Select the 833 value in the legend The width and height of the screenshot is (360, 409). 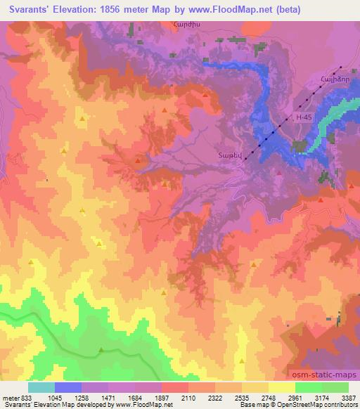[x=27, y=397]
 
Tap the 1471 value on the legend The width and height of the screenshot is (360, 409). [x=108, y=397]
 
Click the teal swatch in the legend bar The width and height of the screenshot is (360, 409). [x=41, y=387]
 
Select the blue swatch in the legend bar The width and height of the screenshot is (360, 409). [x=67, y=387]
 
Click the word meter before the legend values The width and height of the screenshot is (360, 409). [x=10, y=397]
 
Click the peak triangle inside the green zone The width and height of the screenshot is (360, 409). [x=102, y=349]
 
